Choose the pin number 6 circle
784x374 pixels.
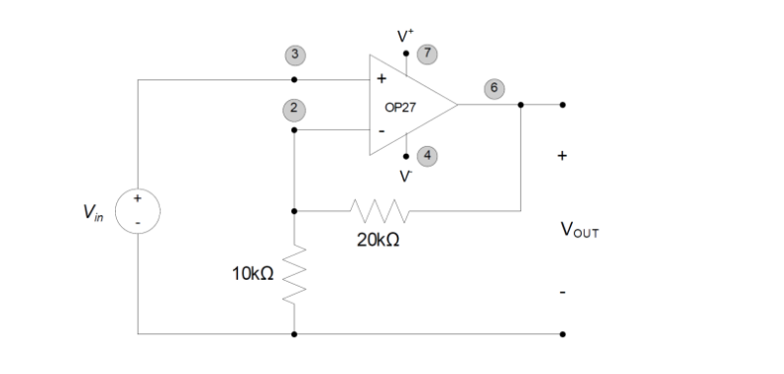(x=493, y=88)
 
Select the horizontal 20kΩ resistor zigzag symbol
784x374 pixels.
(x=378, y=210)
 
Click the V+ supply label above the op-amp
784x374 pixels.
(x=405, y=35)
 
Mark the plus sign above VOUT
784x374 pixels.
(x=562, y=156)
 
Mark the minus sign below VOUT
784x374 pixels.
(x=562, y=293)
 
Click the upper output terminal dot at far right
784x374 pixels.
(x=563, y=104)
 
